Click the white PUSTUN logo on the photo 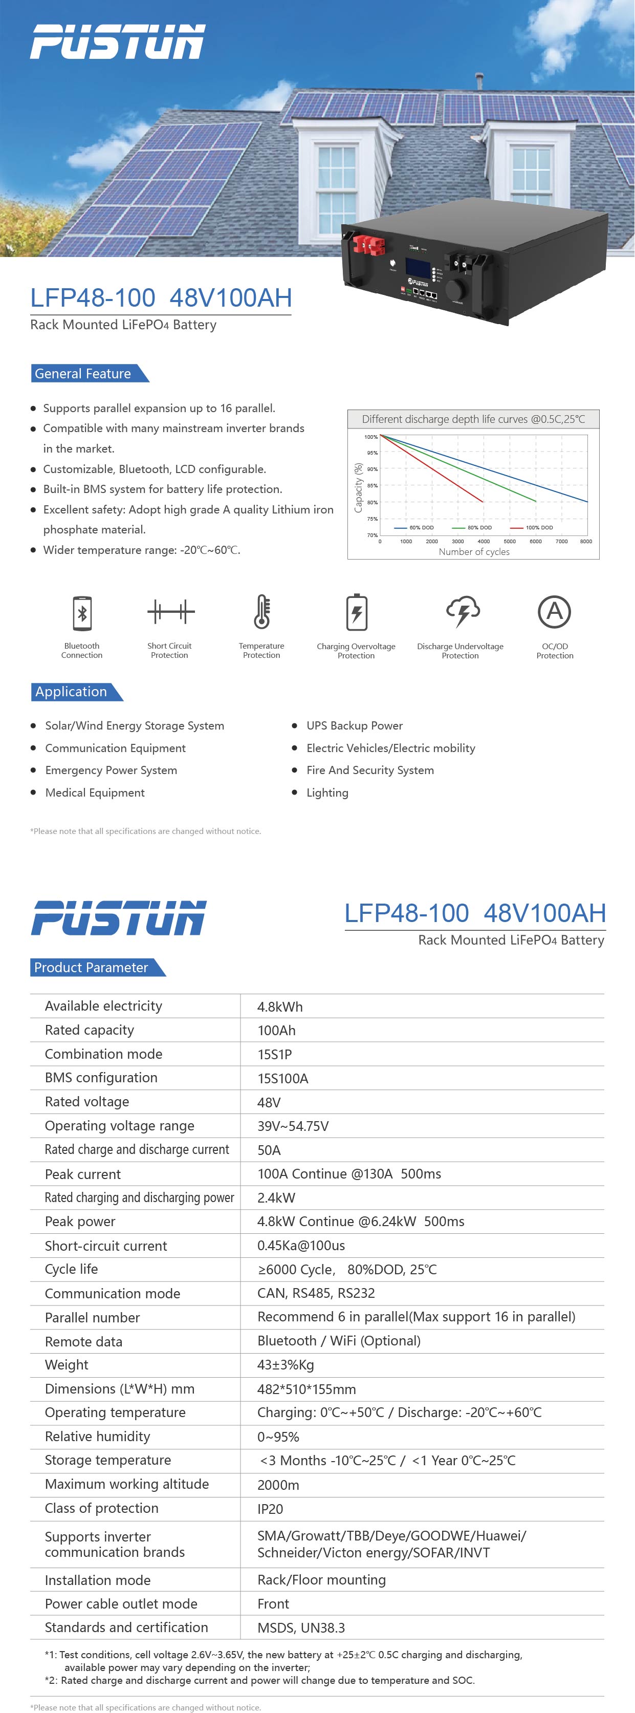[118, 41]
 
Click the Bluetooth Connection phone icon [82, 612]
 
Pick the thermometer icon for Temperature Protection [262, 611]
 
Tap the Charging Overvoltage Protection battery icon [357, 612]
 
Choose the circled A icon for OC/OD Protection [555, 611]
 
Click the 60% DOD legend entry [414, 527]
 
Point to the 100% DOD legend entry [532, 527]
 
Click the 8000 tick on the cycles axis [586, 541]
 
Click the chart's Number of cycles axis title [474, 552]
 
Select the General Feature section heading [83, 374]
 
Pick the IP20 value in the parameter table [270, 1509]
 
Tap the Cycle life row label [71, 1269]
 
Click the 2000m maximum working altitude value [278, 1484]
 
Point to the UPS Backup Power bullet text [355, 725]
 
